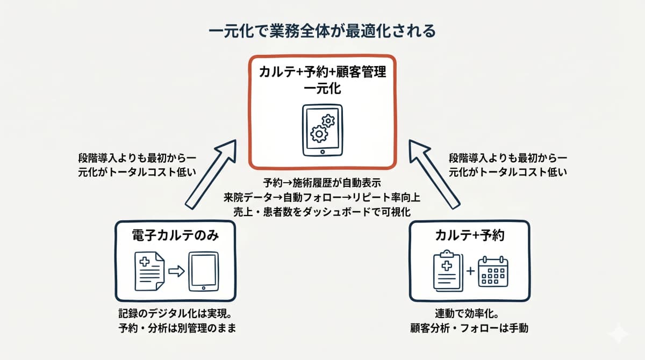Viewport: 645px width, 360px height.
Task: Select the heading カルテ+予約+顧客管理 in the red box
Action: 322,73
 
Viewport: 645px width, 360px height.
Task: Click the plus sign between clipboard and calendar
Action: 471,271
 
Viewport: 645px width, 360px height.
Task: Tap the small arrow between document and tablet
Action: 176,271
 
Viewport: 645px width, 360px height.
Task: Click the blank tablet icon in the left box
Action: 203,272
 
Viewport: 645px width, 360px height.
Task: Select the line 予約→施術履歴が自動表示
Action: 322,182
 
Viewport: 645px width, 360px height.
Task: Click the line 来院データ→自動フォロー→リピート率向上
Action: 322,197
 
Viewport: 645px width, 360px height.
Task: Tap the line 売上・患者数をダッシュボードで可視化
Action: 322,211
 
